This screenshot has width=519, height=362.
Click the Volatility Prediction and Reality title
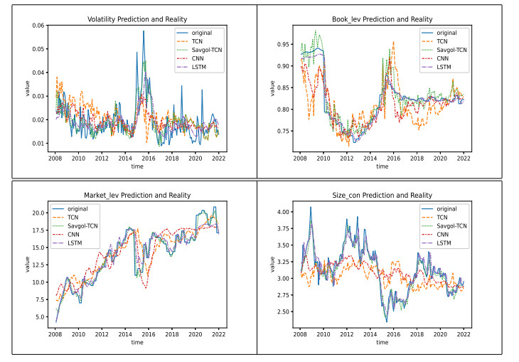(x=133, y=19)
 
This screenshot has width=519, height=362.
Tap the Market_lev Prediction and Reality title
(x=133, y=195)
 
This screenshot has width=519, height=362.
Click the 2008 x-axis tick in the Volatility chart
(x=55, y=159)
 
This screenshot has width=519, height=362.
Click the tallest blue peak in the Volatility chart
(x=144, y=31)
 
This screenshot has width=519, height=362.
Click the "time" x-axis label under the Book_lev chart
(x=382, y=167)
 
